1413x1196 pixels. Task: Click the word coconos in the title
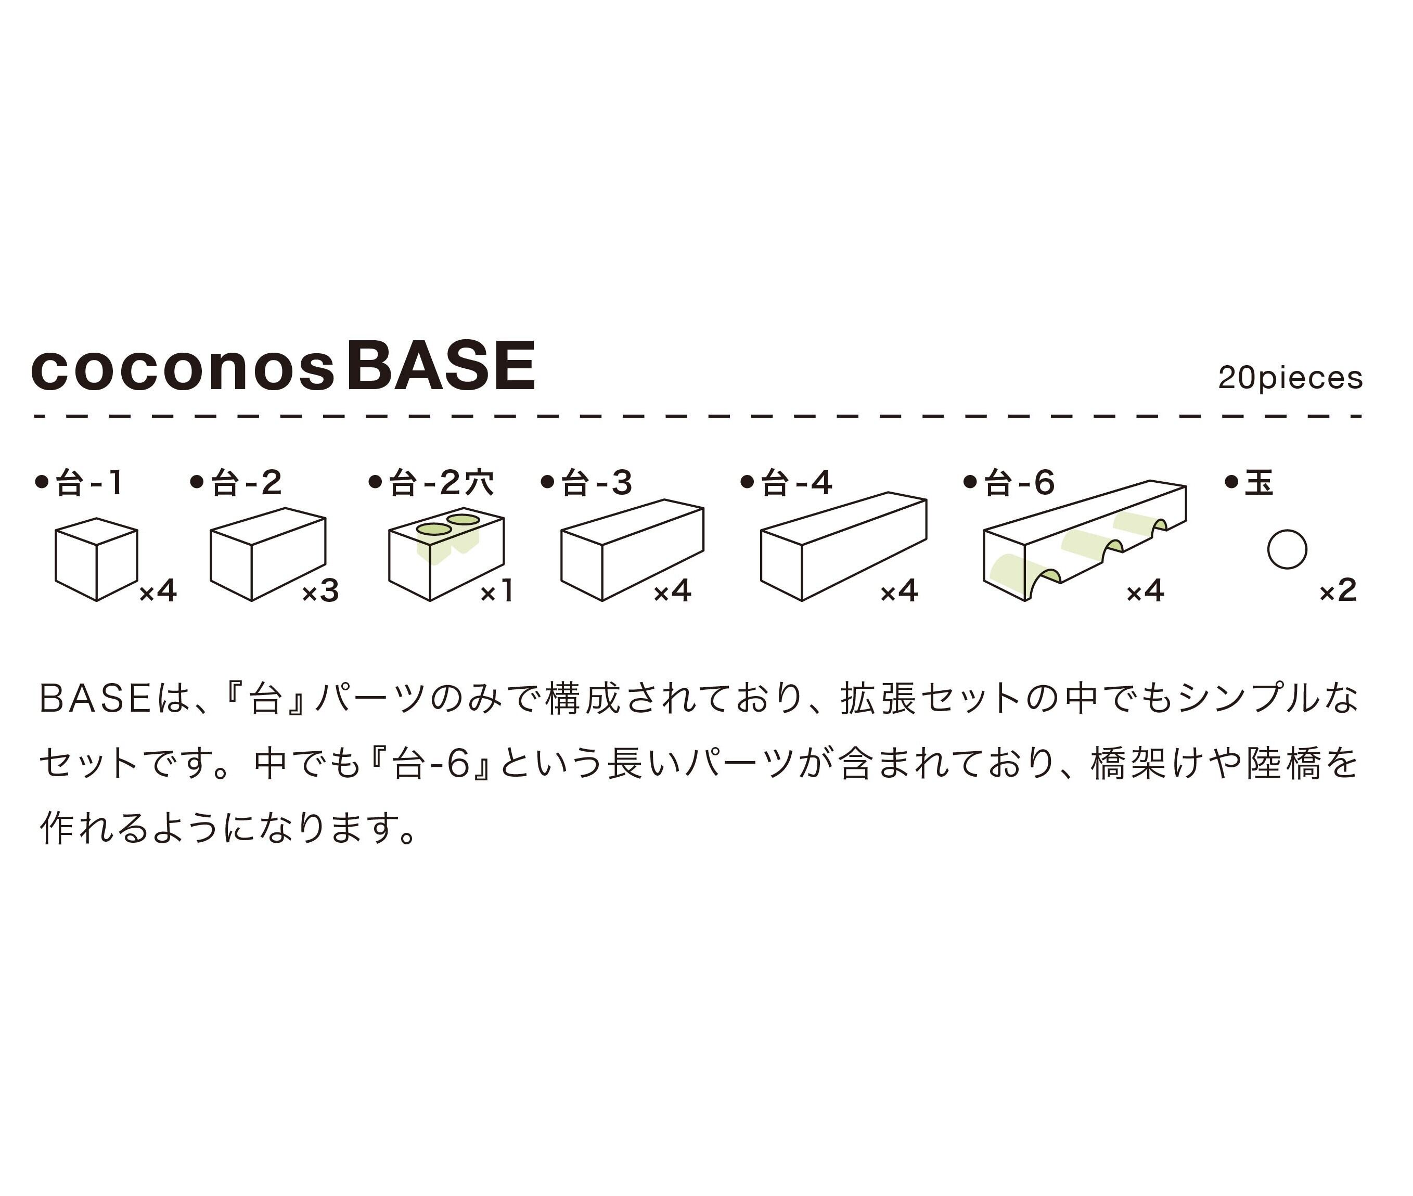click(183, 369)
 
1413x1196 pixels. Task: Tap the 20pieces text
click(1290, 378)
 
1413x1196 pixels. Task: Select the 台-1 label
click(88, 483)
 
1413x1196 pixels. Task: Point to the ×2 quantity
click(1338, 591)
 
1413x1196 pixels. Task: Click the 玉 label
click(1258, 483)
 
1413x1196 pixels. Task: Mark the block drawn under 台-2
click(268, 555)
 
